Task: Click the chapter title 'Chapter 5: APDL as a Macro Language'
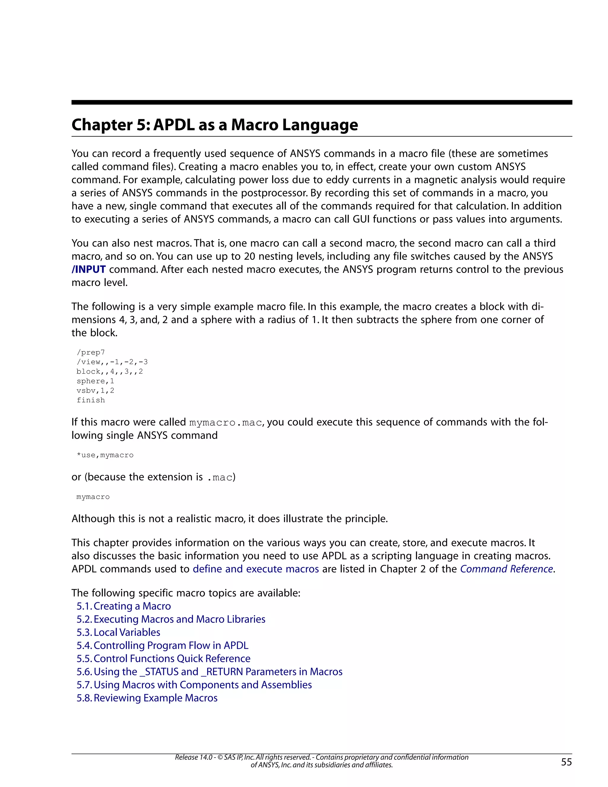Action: [215, 125]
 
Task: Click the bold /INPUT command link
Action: [88, 270]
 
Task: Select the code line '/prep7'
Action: [91, 353]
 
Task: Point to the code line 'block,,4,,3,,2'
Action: [110, 372]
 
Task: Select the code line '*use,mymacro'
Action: [105, 455]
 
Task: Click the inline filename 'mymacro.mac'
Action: [226, 422]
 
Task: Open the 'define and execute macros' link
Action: [256, 569]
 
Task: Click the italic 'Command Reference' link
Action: [506, 569]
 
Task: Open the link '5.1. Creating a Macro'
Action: [123, 606]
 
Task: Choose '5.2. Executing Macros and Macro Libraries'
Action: [171, 619]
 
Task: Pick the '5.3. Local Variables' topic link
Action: [118, 632]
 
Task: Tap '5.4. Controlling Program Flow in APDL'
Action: [162, 645]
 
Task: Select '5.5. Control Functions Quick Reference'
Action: [163, 658]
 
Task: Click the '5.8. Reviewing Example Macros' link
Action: [147, 698]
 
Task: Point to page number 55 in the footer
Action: [566, 762]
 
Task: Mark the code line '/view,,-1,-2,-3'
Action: [112, 362]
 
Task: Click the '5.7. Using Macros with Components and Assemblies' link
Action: [194, 685]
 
